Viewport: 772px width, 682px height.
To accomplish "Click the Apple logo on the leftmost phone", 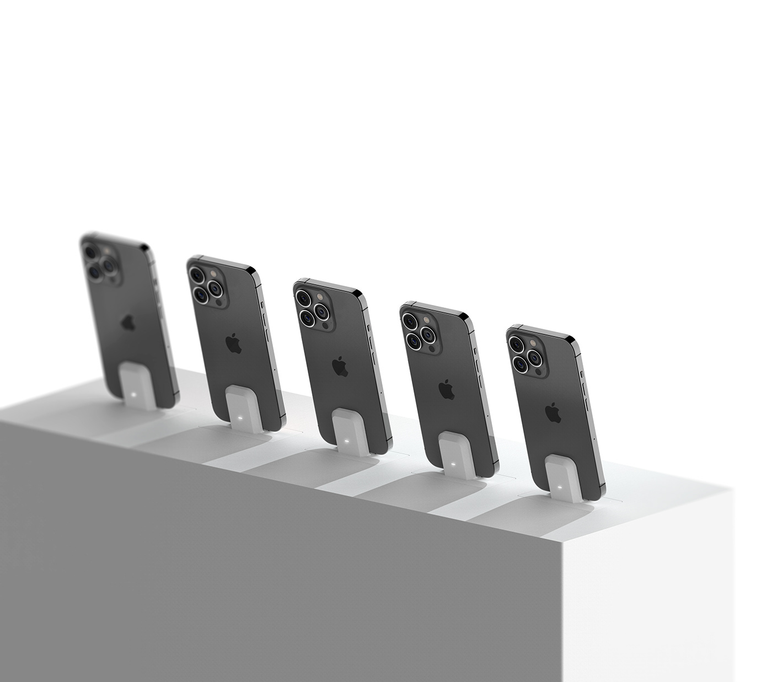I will (x=128, y=322).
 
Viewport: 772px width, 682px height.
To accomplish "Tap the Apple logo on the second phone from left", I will (x=234, y=343).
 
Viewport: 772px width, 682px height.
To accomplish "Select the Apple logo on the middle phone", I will (x=340, y=366).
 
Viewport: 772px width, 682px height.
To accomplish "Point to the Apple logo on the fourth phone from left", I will (x=446, y=389).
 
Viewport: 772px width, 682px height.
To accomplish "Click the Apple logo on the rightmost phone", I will (x=553, y=412).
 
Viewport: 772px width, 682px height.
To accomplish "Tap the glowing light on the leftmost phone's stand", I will (x=136, y=393).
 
